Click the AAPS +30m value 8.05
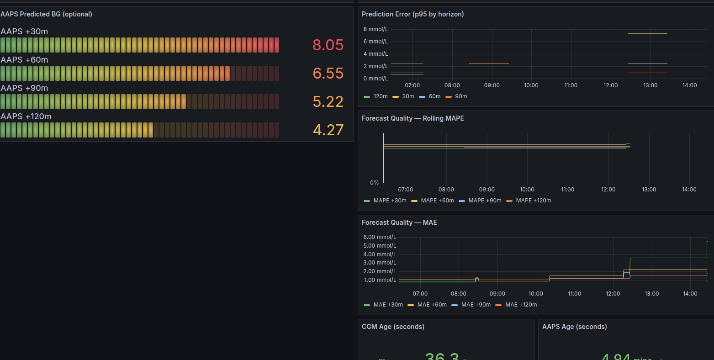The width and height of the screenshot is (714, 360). [328, 45]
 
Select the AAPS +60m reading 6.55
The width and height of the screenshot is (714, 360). [328, 73]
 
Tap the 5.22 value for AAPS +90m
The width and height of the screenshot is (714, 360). [328, 101]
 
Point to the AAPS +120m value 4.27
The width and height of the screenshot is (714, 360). [328, 130]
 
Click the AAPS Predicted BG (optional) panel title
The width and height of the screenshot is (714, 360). [46, 14]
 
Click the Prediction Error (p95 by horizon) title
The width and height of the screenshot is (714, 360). [413, 14]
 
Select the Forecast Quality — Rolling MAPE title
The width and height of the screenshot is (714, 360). [413, 118]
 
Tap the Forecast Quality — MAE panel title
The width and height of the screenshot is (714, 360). [399, 222]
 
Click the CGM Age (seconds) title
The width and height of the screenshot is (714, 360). [393, 327]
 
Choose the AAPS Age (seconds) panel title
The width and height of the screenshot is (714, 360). [574, 327]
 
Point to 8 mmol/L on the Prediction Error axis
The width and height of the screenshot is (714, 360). [376, 29]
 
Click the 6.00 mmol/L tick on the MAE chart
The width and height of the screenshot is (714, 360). [380, 237]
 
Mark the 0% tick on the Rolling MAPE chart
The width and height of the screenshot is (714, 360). [374, 183]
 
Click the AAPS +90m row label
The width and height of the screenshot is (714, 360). [24, 88]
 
